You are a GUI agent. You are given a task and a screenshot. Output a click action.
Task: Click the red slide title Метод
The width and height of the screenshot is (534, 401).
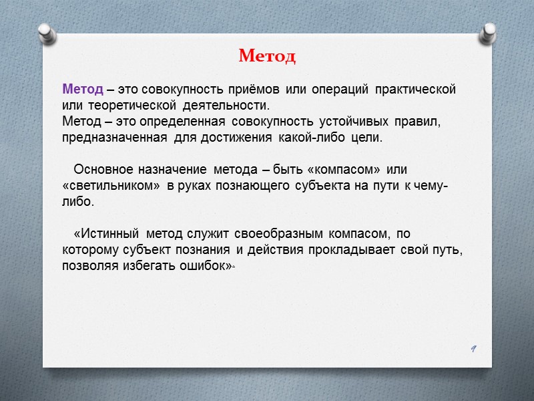pos(267,56)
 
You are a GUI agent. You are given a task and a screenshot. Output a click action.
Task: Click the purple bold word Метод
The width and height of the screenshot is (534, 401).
pos(82,89)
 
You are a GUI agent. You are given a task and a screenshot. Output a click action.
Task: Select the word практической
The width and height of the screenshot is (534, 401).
pos(415,89)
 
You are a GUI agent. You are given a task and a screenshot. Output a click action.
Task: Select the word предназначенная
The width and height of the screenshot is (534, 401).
pos(114,138)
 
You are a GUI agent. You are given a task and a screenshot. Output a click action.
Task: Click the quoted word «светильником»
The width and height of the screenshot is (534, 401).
pos(107,185)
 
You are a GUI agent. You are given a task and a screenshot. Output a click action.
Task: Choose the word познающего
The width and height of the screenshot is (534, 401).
pos(256,185)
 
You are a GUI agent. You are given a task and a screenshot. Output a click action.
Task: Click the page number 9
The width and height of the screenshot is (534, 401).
pos(472,348)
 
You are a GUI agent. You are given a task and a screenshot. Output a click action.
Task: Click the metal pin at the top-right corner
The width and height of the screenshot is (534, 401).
pos(489,31)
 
